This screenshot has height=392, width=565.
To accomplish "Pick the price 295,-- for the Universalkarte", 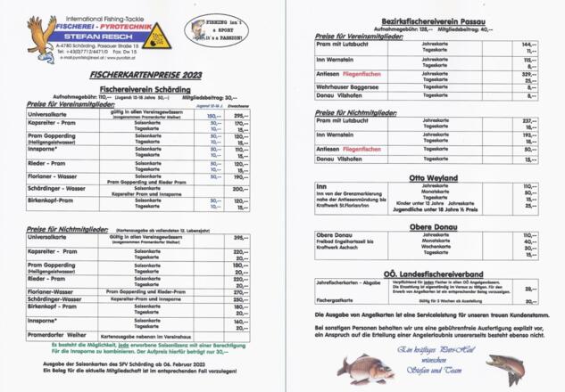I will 240,116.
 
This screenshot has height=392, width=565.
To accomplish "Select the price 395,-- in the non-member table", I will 240,238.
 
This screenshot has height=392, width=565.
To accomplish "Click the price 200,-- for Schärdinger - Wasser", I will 240,189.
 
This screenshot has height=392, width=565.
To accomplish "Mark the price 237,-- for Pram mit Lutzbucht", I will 528,119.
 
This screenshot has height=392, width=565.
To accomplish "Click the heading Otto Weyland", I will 428,178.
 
